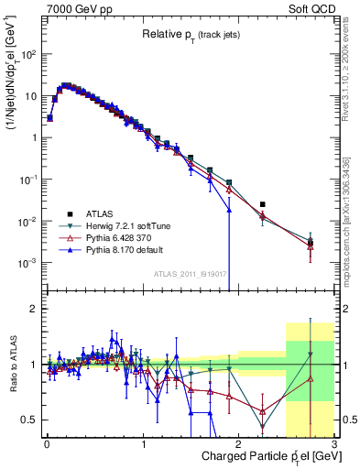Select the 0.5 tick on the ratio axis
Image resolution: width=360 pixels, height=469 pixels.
[x=30, y=420]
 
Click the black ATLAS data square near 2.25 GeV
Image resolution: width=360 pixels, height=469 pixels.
[x=263, y=204]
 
